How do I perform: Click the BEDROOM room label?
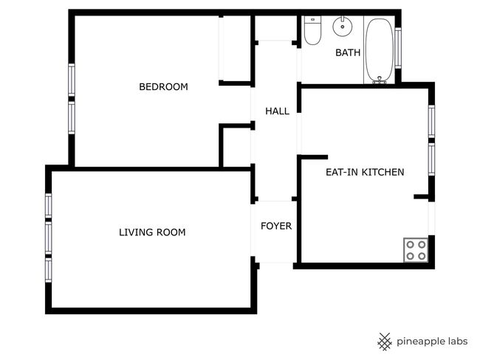point(163,87)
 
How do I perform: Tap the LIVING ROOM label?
point(152,232)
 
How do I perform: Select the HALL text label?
point(277,111)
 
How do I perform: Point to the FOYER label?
point(276,226)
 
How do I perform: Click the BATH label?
point(348,52)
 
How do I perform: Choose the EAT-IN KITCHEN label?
point(365,172)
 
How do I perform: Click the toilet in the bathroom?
point(312,30)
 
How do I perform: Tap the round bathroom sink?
point(343,27)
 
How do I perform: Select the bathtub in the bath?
point(380,50)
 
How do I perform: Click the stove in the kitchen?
point(416,250)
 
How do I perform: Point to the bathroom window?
point(398,48)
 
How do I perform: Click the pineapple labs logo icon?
point(385,342)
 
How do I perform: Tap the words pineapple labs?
point(432,342)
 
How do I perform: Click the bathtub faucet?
point(380,80)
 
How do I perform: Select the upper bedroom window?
point(72,80)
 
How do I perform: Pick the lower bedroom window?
point(72,118)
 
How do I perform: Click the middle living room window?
point(48,238)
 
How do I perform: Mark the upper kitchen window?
point(431,122)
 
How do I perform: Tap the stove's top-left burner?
point(410,245)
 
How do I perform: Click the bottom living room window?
point(48,270)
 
